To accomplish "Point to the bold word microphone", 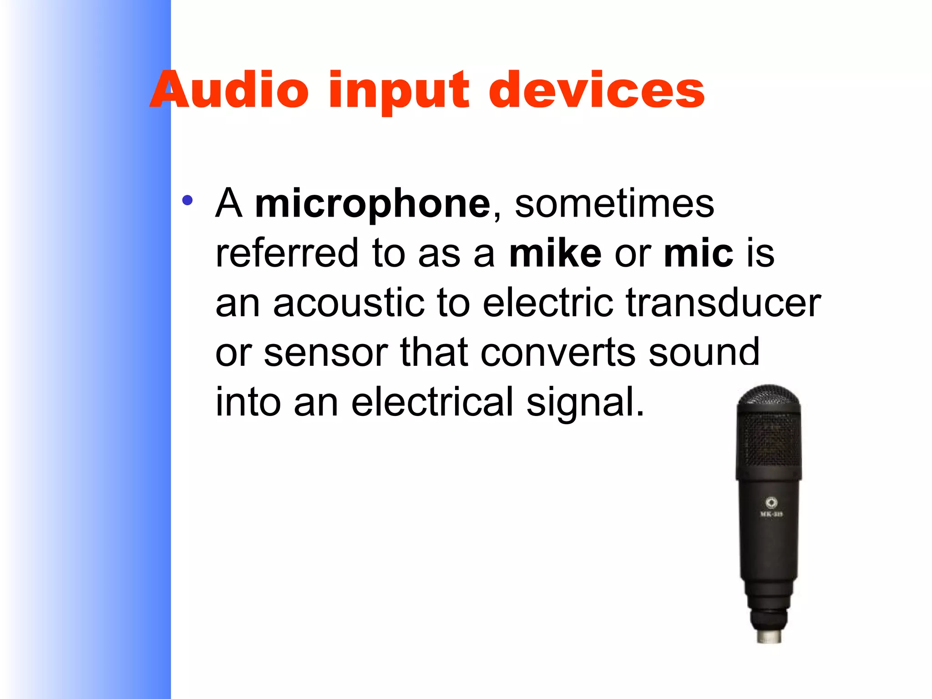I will (373, 204).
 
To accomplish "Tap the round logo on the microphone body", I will (771, 502).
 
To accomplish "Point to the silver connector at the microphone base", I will (769, 636).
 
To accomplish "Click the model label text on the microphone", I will (771, 514).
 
